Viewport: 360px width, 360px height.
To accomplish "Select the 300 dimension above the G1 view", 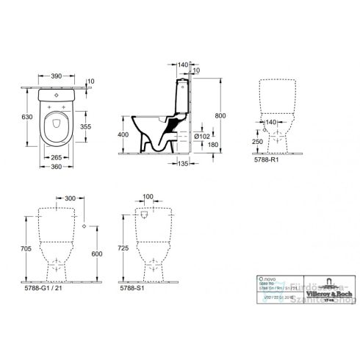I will [70, 198].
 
